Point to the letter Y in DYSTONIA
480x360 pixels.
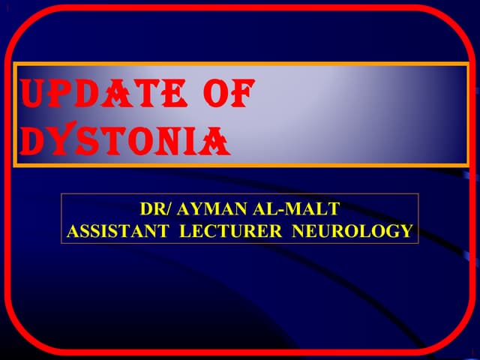click(x=62, y=141)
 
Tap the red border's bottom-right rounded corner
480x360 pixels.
click(x=458, y=338)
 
